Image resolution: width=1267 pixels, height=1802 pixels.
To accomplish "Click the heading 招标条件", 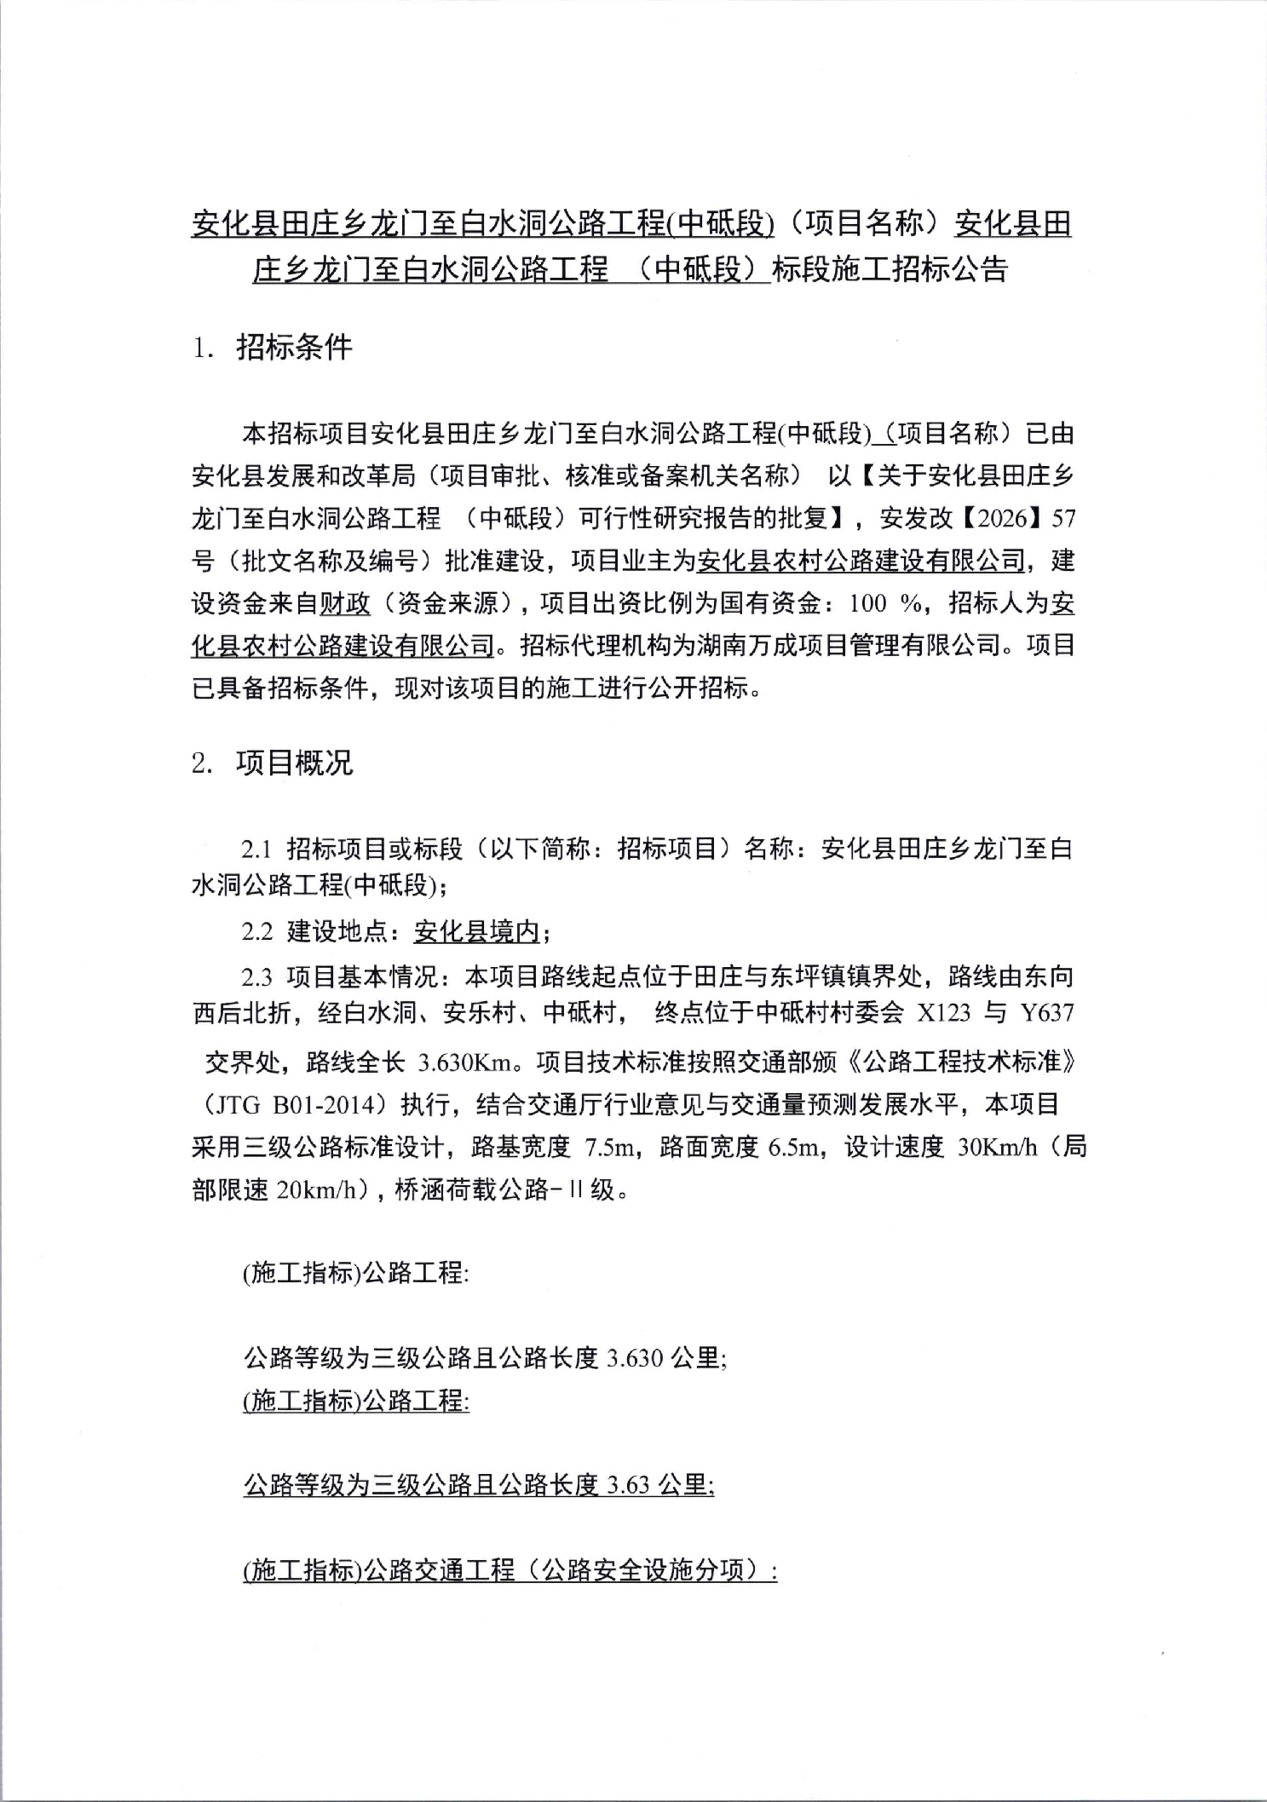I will click(x=293, y=348).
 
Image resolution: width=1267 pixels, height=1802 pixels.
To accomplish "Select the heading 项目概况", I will click(x=293, y=763).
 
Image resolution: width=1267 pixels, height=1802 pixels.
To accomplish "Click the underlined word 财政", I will click(x=344, y=604).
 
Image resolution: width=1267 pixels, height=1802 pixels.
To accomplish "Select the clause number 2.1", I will click(x=256, y=849).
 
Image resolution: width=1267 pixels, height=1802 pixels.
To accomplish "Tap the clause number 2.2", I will click(x=256, y=932).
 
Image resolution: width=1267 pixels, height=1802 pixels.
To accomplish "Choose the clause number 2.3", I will click(x=256, y=976).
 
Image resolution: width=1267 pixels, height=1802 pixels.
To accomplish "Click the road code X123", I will click(x=942, y=1013).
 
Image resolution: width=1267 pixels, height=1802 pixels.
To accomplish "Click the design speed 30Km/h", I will click(x=996, y=1149).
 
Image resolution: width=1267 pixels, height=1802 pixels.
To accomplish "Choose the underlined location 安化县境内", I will click(x=476, y=933).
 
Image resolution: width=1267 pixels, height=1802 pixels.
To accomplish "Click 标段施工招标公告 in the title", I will click(x=890, y=269).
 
